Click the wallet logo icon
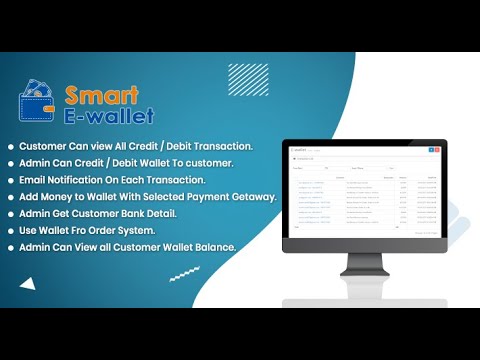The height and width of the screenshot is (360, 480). [38, 103]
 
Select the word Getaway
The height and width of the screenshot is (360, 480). [253, 196]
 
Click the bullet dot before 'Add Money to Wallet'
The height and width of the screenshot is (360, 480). [11, 197]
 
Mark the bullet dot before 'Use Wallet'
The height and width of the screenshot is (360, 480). [11, 231]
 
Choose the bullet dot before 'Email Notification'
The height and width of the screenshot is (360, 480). [11, 180]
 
